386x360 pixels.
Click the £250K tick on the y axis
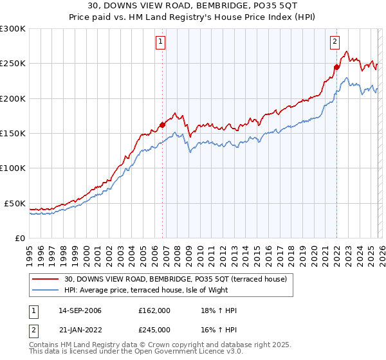13,64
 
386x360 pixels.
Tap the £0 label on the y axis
20,238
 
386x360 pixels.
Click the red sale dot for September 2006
162,125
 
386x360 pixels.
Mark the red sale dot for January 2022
336,67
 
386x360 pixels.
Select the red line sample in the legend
46,279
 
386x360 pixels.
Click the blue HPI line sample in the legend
46,291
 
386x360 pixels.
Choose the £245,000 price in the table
154,329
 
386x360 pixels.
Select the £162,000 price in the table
154,310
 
